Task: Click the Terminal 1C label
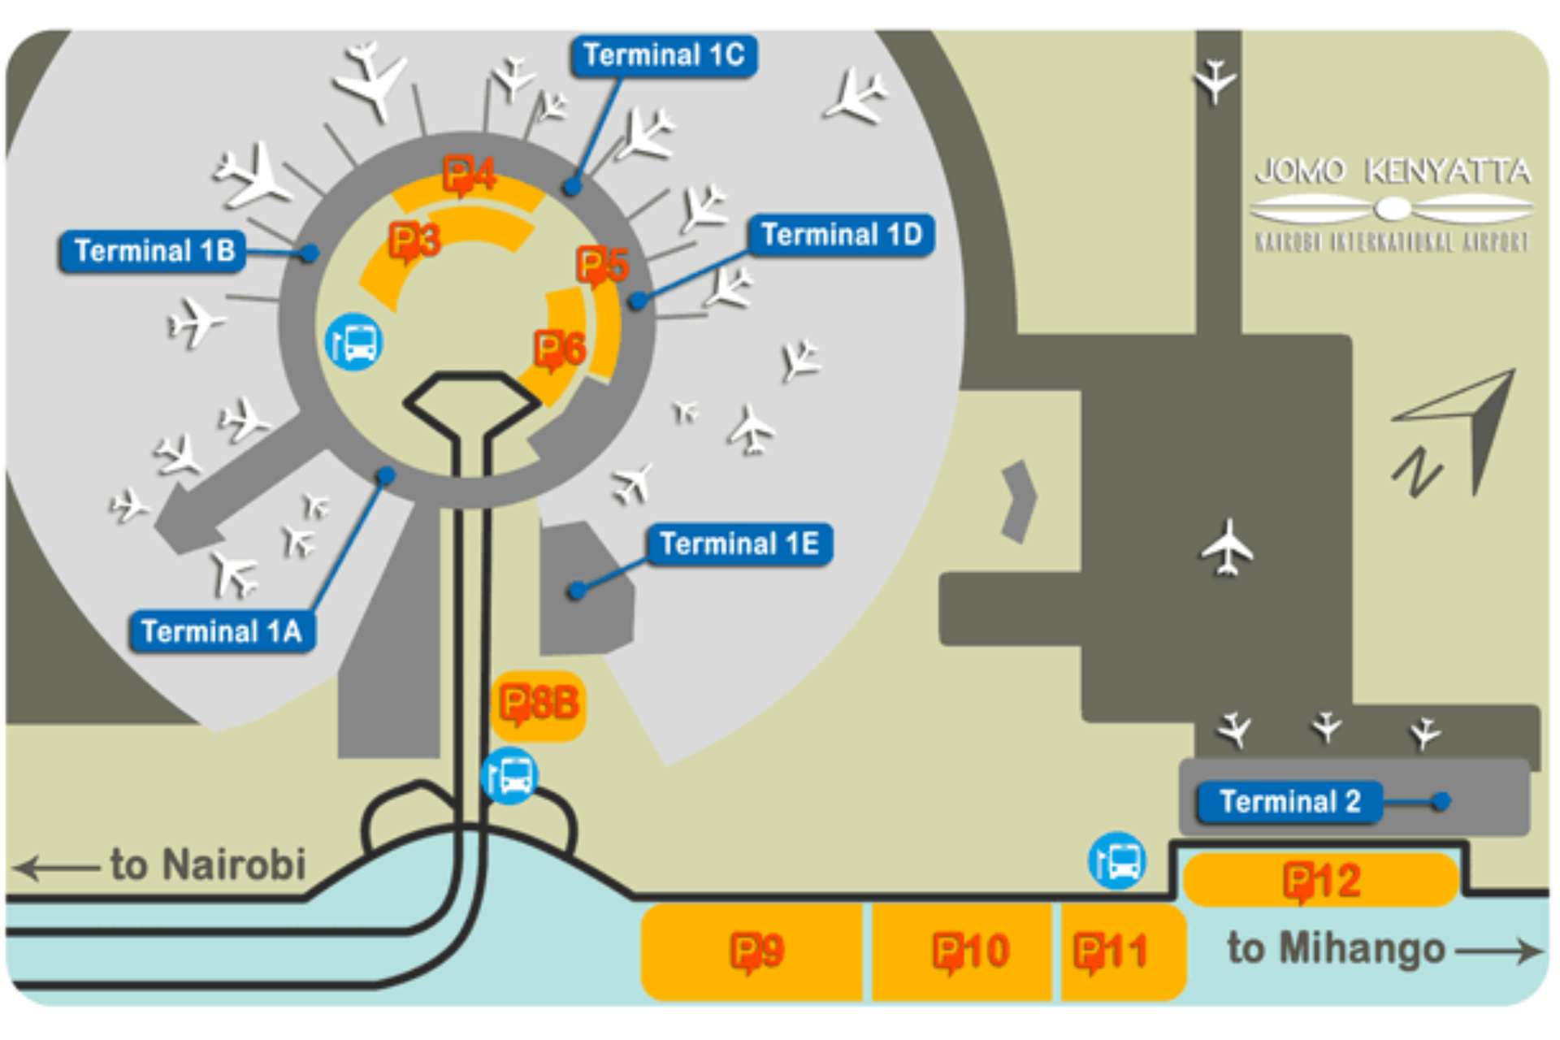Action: (664, 56)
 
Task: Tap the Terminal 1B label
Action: (153, 251)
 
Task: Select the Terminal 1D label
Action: (841, 235)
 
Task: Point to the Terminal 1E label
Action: (739, 544)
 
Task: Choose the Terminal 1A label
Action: (221, 631)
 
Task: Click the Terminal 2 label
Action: (1289, 802)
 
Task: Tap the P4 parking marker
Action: (470, 175)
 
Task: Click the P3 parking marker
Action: (414, 241)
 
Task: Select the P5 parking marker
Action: (602, 265)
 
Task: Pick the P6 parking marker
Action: (560, 349)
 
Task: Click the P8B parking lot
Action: (539, 704)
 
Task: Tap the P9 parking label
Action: (756, 951)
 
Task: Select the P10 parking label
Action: (970, 951)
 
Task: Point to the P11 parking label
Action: (1110, 951)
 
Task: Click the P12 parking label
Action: (1321, 881)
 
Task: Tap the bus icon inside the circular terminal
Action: (354, 342)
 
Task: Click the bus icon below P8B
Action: (509, 776)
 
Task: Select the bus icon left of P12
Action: (1117, 860)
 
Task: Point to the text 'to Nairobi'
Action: (208, 864)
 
